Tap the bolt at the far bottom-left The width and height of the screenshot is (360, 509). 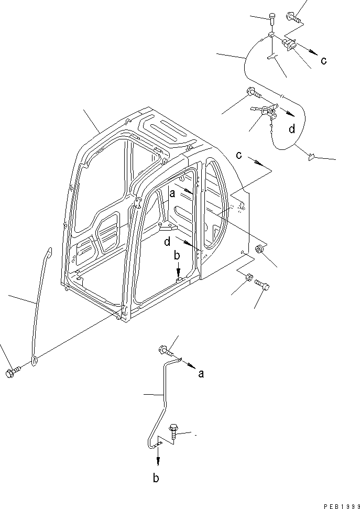pos(12,372)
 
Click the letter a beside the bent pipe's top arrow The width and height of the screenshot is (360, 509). pos(201,373)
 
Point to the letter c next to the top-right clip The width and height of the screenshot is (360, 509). pos(324,60)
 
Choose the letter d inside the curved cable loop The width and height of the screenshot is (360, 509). pos(291,128)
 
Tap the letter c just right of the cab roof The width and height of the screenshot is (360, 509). pos(238,155)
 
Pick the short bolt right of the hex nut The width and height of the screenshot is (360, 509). pos(262,285)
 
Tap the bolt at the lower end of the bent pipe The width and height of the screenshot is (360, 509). pos(173,430)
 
